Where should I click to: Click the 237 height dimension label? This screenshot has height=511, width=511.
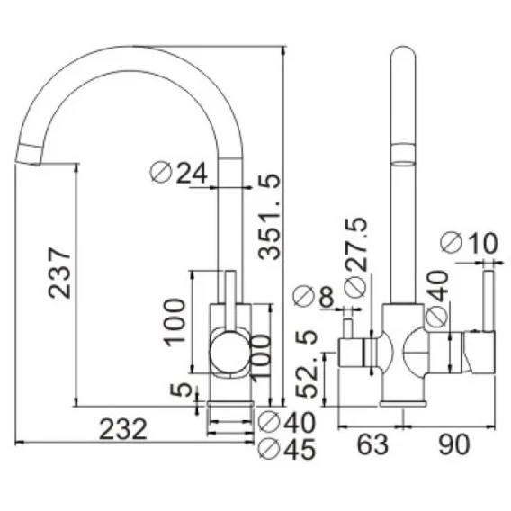pos(59,273)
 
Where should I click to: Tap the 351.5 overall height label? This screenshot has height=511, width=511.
pos(269,217)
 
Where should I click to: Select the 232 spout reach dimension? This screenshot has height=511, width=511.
pos(123,429)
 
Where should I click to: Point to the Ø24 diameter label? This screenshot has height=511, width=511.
pos(179,173)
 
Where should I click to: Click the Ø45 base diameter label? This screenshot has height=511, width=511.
pos(287,449)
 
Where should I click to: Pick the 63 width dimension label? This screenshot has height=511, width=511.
pos(372,444)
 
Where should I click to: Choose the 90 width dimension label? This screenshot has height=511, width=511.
pos(454,444)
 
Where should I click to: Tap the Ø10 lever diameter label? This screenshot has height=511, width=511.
pos(469,243)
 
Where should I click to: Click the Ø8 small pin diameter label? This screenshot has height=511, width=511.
pos(313,296)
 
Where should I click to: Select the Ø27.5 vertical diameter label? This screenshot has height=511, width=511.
pos(356,257)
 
